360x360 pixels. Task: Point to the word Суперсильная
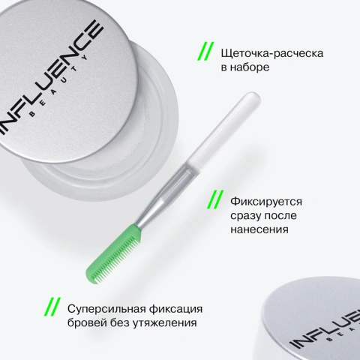click(104, 309)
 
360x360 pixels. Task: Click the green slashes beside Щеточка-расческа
click(204, 52)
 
